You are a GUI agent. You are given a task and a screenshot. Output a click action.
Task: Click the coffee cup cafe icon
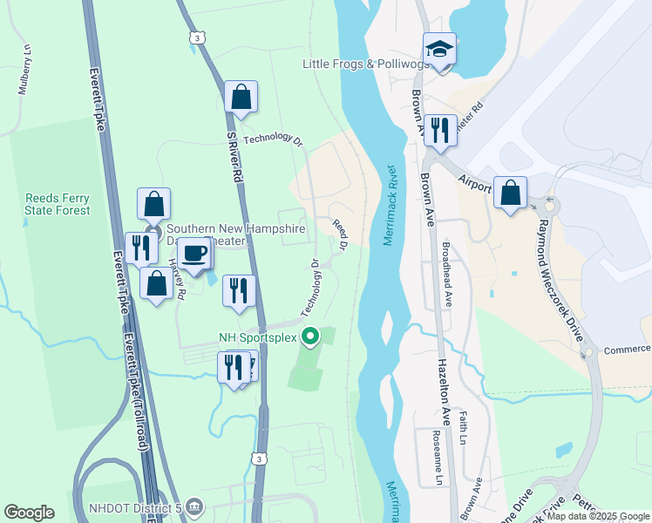194,254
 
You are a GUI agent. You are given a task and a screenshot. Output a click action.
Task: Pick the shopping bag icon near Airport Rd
510,192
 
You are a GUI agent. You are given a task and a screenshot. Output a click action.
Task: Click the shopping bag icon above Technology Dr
241,97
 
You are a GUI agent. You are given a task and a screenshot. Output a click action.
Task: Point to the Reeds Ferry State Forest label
58,204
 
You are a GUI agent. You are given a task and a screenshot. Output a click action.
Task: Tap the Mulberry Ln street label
24,70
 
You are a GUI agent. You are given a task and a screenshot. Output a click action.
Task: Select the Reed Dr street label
340,236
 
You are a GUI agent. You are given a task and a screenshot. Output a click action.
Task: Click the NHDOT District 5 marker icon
194,506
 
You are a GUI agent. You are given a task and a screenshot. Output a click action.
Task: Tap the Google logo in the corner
29,513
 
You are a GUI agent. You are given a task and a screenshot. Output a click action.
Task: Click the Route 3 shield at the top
199,37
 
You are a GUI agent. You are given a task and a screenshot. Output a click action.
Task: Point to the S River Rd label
233,156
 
